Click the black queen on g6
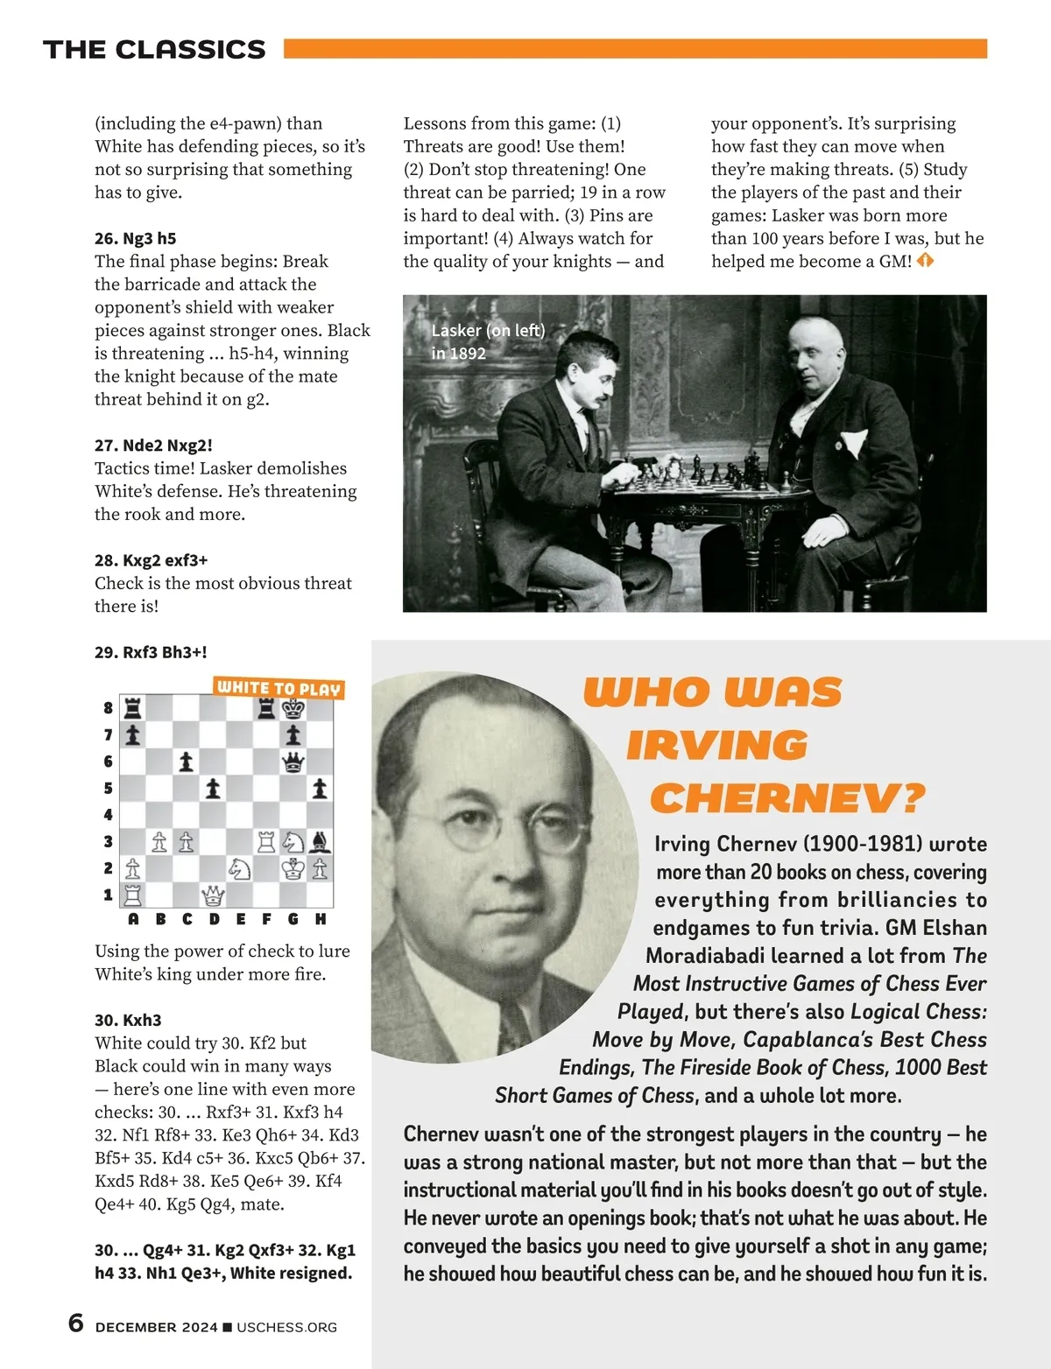coord(293,762)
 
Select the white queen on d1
coord(213,895)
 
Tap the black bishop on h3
coord(321,842)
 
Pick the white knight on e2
coord(239,868)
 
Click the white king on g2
coord(293,868)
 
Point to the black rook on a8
coord(132,708)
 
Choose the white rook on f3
coord(266,842)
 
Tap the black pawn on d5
coord(213,789)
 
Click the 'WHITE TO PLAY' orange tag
coord(279,688)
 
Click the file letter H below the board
coord(321,919)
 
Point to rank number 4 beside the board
coord(109,815)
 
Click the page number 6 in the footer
coord(76,1323)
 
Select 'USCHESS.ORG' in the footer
coord(286,1327)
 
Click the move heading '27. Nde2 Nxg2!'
coord(153,445)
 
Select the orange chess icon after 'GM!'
coord(925,261)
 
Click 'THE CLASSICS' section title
coord(154,50)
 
